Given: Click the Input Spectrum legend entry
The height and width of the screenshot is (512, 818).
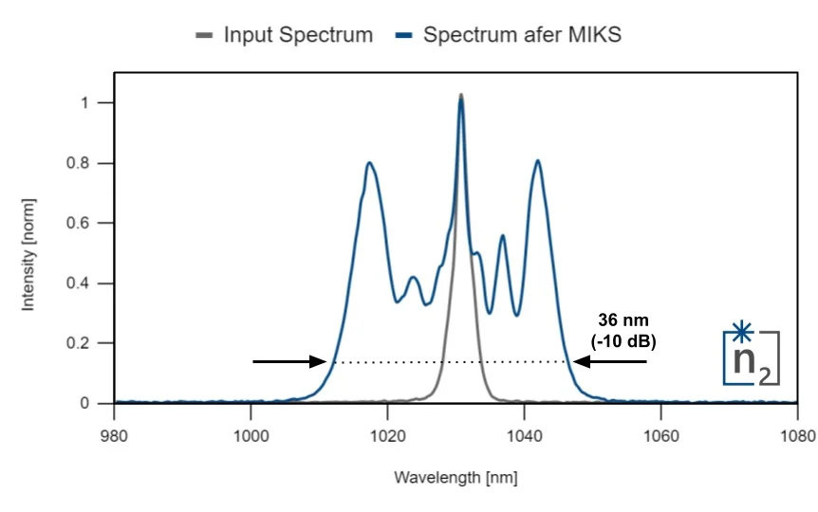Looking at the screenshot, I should point(284,36).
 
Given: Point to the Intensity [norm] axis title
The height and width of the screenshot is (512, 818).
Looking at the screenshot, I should point(28,253).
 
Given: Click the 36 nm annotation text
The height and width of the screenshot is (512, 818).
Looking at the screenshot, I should point(621,320).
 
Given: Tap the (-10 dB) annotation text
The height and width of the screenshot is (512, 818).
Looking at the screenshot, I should point(621,339).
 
